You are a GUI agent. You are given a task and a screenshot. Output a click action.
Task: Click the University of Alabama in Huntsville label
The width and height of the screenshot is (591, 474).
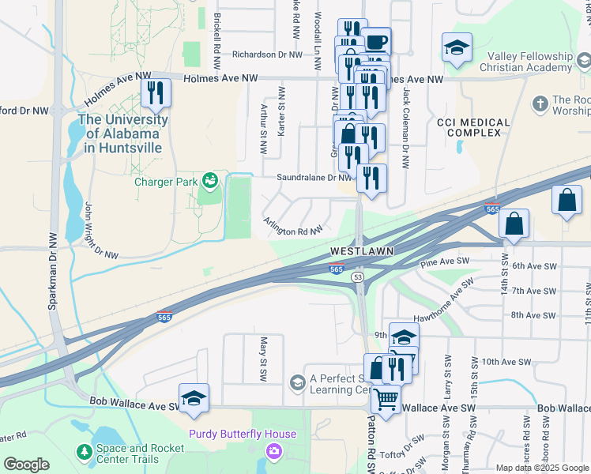tap(122, 133)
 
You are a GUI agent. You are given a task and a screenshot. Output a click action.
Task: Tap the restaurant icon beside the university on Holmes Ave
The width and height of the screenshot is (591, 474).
tap(156, 93)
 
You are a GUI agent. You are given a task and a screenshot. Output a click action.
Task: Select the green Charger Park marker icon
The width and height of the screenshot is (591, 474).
tap(209, 182)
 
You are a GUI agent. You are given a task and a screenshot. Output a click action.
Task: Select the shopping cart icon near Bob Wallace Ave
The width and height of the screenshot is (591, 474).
tap(386, 400)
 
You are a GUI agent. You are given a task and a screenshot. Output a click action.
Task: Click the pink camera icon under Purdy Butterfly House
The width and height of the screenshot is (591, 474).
tap(273, 451)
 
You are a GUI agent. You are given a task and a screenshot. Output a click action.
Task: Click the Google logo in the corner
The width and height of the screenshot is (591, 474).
tap(26, 465)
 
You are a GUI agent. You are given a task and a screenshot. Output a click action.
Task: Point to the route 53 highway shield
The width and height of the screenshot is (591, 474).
tap(358, 277)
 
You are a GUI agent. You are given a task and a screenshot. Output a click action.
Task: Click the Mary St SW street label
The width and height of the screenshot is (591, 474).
tap(265, 358)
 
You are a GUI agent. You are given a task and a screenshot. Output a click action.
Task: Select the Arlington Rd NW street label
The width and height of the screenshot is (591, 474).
tap(293, 228)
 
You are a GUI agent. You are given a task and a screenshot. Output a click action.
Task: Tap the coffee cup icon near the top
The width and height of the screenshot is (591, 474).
tap(376, 41)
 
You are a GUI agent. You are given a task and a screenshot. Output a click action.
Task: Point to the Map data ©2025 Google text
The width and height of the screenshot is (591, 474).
tap(542, 467)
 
